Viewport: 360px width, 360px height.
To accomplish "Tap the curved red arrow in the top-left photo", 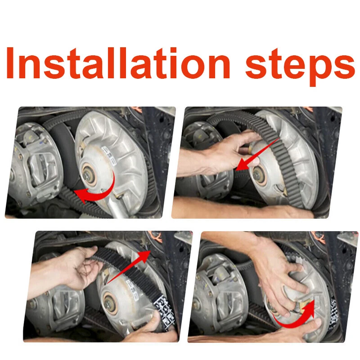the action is [96, 191].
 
